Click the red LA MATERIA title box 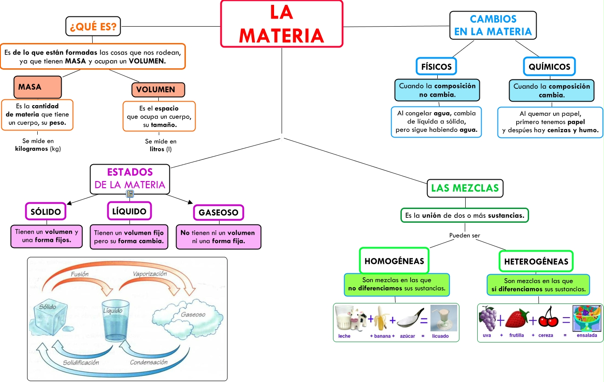282,24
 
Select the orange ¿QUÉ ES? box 93,27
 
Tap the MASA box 37,87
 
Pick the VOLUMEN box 158,90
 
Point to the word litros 157,149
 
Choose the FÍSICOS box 436,67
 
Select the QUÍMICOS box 549,67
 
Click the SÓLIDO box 46,212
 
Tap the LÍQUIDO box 129,211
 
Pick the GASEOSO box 218,213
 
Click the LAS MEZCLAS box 465,188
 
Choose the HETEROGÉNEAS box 536,261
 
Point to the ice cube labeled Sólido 50,316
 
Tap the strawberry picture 517,319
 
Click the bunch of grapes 488,319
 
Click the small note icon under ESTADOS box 130,194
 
